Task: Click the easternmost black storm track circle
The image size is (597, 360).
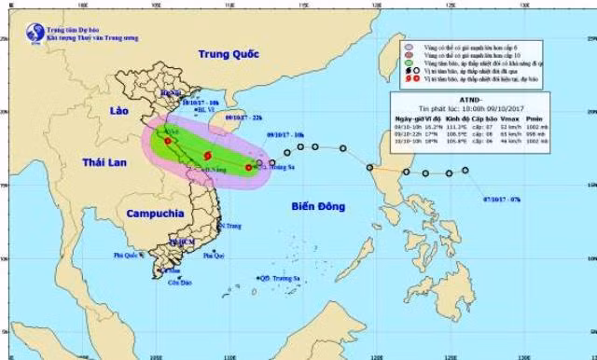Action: [465, 170]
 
